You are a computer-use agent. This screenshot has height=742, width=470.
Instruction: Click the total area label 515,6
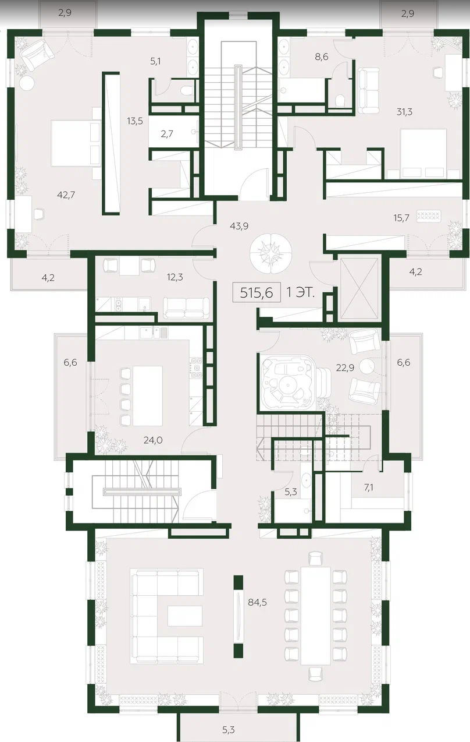[x=257, y=293]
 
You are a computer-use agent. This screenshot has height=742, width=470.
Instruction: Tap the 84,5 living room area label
[x=257, y=602]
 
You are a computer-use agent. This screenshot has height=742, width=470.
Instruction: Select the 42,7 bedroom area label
[x=66, y=195]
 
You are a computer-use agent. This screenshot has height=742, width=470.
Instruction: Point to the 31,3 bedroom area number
[x=404, y=112]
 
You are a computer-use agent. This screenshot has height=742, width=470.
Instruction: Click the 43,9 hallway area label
[x=239, y=226]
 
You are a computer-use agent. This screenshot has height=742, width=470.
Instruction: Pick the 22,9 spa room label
[x=345, y=368]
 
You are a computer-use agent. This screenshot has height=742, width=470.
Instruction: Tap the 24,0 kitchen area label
[x=153, y=440]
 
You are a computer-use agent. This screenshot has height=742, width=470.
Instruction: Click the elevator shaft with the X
[x=359, y=288]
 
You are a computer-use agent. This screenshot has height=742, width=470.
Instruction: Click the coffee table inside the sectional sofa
[x=185, y=616]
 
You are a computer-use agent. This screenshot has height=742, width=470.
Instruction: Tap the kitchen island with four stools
[x=148, y=396]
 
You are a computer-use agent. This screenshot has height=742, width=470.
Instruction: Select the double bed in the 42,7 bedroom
[x=76, y=143]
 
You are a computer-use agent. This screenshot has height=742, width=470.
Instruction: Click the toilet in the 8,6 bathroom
[x=340, y=100]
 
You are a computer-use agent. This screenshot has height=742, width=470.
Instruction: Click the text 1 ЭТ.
[x=300, y=293]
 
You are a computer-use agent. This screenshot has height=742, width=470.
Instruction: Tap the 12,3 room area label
[x=175, y=277]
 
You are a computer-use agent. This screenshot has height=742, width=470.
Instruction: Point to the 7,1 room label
[x=368, y=487]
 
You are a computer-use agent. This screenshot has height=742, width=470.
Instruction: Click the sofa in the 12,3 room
[x=187, y=308]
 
